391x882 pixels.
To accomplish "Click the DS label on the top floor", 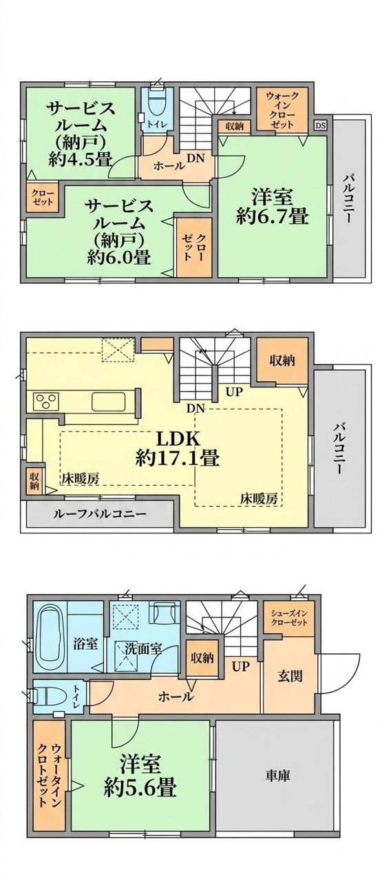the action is click(320, 126).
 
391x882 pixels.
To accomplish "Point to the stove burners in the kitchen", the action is click(46, 402).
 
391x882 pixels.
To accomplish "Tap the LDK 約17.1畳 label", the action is click(178, 448).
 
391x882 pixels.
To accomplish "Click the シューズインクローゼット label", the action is click(288, 618).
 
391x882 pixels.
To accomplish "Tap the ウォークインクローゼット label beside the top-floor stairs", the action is click(282, 110).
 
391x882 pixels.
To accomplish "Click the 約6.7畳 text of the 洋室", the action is click(271, 216).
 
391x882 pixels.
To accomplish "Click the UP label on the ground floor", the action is click(241, 666).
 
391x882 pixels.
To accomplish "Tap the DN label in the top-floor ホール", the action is click(195, 158).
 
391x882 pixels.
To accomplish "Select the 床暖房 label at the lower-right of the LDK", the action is click(260, 499).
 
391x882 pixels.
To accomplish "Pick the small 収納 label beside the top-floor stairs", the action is click(234, 126).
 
